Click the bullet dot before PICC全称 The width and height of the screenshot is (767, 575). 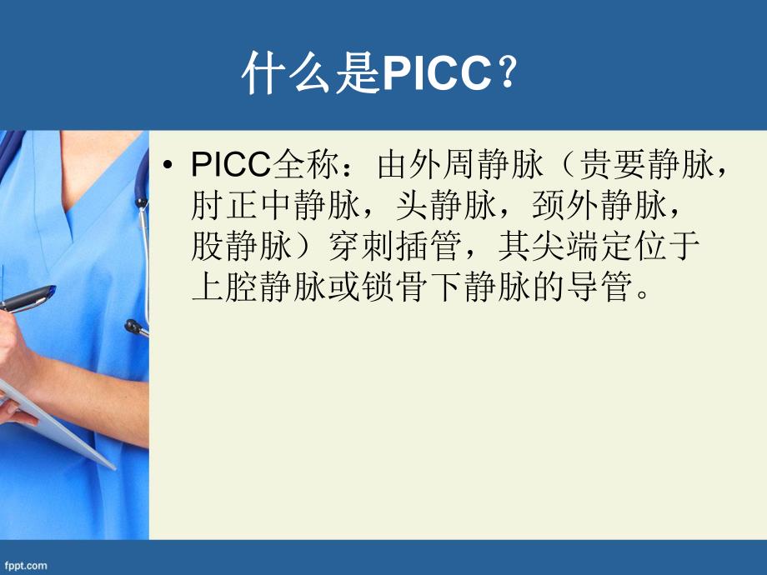pyautogui.click(x=172, y=167)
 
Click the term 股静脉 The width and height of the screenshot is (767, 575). pyautogui.click(x=232, y=247)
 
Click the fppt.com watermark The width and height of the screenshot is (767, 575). pyautogui.click(x=24, y=566)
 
